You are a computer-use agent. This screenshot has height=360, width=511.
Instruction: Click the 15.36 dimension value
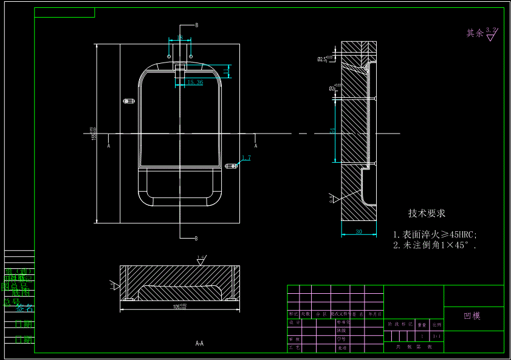click(195, 82)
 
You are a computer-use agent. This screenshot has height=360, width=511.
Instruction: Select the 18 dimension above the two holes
click(180, 38)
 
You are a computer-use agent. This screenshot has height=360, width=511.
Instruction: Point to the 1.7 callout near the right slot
click(246, 158)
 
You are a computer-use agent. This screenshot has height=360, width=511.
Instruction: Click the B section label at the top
click(196, 25)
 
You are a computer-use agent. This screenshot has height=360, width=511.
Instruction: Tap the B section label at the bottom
click(196, 238)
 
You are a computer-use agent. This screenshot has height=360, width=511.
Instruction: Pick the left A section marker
click(109, 146)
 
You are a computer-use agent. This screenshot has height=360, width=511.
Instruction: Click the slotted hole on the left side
click(128, 100)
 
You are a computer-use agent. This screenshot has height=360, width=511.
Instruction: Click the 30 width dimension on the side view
click(358, 231)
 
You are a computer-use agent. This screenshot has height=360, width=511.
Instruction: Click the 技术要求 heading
click(427, 214)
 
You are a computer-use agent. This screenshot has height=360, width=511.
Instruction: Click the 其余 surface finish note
click(475, 33)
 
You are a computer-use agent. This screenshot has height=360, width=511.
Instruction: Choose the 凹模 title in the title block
click(472, 316)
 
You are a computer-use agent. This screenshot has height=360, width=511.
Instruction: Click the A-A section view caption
click(199, 344)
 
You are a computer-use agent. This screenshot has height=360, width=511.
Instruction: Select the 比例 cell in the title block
click(437, 325)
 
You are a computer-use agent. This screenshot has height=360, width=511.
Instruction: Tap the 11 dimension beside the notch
click(226, 72)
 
